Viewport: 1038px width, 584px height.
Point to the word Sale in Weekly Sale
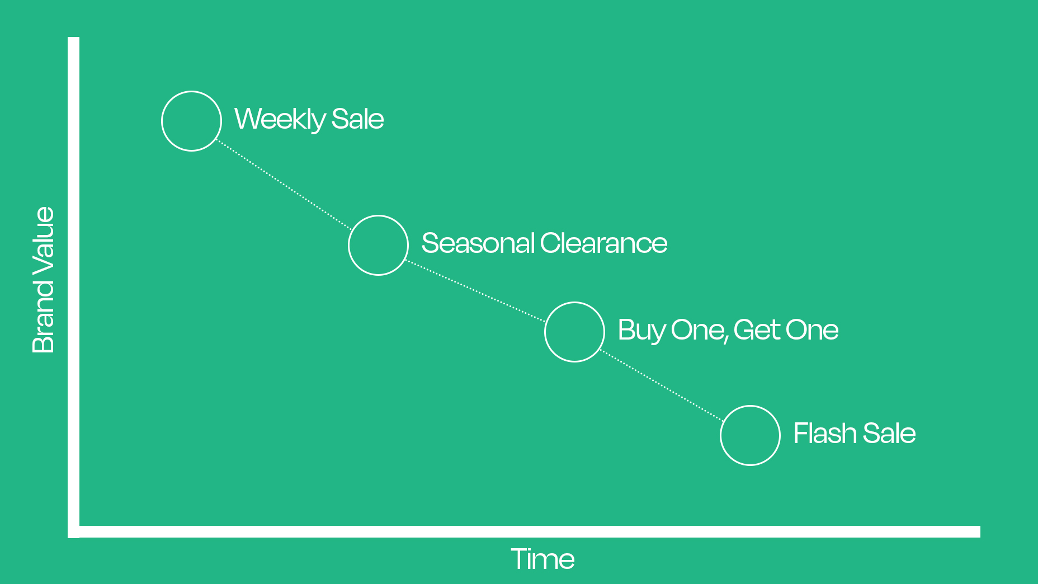coord(358,119)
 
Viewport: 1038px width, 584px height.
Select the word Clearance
coord(604,243)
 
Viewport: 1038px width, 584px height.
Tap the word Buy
coord(641,331)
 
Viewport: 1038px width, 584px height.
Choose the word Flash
coord(825,434)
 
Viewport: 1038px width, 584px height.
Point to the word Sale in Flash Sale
coord(890,434)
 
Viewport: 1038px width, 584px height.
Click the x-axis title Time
coord(543,559)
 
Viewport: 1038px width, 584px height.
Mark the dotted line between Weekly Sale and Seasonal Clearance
coord(284,185)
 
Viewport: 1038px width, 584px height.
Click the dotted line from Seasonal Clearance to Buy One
coord(476,291)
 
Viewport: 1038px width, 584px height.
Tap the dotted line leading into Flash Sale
coord(663,385)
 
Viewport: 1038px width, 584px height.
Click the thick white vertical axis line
coord(74,288)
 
